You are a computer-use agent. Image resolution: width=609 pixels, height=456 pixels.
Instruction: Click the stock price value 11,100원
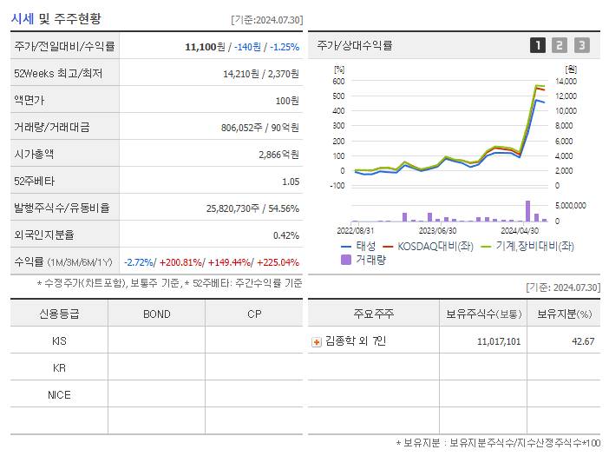(205, 47)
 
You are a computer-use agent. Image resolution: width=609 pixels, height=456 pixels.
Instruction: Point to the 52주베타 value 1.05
(290, 182)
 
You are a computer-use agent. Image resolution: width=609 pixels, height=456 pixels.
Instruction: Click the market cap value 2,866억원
(278, 155)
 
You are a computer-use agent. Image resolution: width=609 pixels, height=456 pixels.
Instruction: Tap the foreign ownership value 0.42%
(285, 235)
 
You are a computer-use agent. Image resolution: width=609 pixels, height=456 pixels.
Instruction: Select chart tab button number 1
(538, 45)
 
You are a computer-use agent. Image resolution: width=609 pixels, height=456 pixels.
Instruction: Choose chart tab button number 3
(581, 45)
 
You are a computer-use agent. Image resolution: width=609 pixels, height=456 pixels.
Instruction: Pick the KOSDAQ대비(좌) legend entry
(430, 246)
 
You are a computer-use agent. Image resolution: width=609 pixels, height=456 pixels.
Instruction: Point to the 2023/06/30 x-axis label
(437, 231)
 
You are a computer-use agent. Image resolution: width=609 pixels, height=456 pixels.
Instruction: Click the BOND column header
(156, 314)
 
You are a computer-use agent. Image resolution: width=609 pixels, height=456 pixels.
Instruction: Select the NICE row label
(59, 395)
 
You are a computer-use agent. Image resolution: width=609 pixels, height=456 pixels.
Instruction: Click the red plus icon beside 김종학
(317, 342)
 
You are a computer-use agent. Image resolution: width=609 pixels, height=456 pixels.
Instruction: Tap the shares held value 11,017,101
(499, 342)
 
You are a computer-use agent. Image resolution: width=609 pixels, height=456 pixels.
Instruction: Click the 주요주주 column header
(374, 314)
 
